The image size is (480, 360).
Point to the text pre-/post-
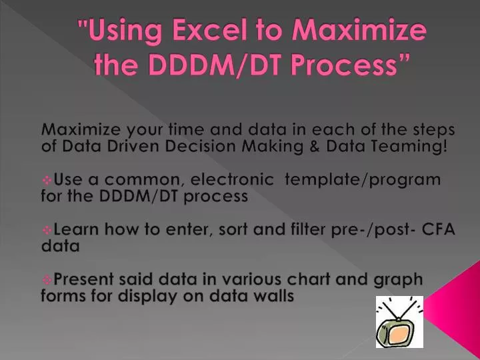point(375,230)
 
